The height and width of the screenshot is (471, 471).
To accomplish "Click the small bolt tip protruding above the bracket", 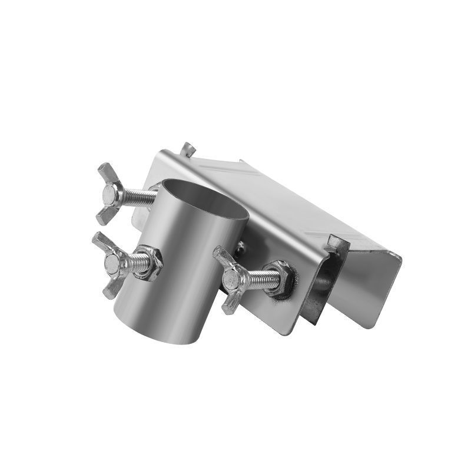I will point(187,148).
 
